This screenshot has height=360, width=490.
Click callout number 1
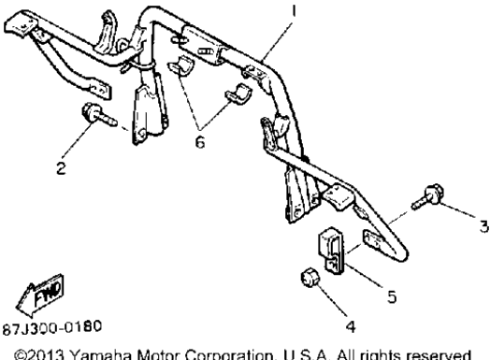coord(294,10)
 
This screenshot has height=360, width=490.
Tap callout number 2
coord(62,168)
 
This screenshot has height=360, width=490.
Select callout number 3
coord(483,226)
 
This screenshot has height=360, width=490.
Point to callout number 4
coord(351,326)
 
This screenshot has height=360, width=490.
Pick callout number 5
coord(392,296)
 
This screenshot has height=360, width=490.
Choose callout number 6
coord(200,142)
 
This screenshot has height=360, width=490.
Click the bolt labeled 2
coord(98,116)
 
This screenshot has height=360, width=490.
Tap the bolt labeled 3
coord(427,197)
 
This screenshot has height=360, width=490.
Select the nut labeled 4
coord(310,278)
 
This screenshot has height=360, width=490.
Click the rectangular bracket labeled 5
coord(330,251)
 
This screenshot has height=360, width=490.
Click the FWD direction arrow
coord(39,295)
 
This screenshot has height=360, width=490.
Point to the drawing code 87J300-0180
coord(52,327)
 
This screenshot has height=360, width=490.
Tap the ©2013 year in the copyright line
coord(39,355)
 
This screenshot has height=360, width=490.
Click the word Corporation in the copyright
coord(230,355)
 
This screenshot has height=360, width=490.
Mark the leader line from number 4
coord(331,299)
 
